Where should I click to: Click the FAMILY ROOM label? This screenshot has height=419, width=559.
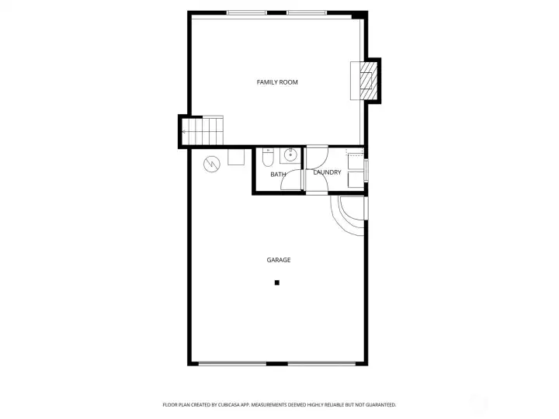277,82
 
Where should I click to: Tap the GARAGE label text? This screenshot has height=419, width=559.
279,260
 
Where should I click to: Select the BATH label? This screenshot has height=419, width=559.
278,175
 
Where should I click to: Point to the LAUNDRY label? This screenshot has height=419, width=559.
327,172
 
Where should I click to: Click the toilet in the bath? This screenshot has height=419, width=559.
268,158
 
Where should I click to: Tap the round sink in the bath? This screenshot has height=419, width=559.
290,155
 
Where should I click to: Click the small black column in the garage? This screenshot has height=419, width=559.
277,282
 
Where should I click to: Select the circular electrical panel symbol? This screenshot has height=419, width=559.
212,164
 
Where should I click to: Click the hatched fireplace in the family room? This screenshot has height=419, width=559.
368,81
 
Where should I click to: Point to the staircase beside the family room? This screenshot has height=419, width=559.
203,130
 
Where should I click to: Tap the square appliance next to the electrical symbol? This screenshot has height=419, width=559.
236,157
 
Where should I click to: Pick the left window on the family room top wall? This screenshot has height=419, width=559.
247,13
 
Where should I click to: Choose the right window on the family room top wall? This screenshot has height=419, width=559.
307,13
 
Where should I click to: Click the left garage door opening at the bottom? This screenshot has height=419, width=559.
232,364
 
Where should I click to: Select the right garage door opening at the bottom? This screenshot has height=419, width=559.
321,364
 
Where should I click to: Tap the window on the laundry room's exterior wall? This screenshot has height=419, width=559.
366,171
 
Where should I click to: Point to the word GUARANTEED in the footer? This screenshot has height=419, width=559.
382,405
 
